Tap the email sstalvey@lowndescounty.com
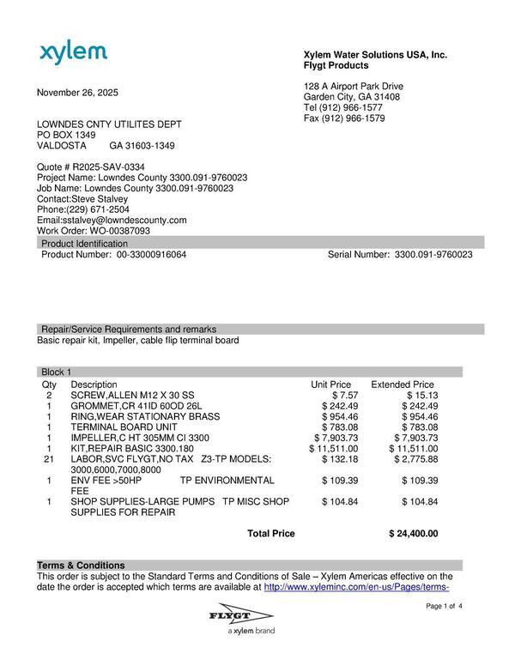click(x=124, y=220)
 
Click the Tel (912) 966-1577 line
click(x=342, y=108)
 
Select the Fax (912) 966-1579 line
click(x=343, y=118)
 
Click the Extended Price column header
click(x=402, y=384)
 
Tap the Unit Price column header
click(x=330, y=384)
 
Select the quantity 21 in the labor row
click(x=49, y=460)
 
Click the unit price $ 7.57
click(x=342, y=395)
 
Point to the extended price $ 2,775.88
click(x=415, y=460)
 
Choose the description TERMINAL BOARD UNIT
click(x=124, y=427)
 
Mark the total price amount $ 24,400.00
click(x=413, y=534)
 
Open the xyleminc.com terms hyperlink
click(x=356, y=588)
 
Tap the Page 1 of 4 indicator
click(x=444, y=607)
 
